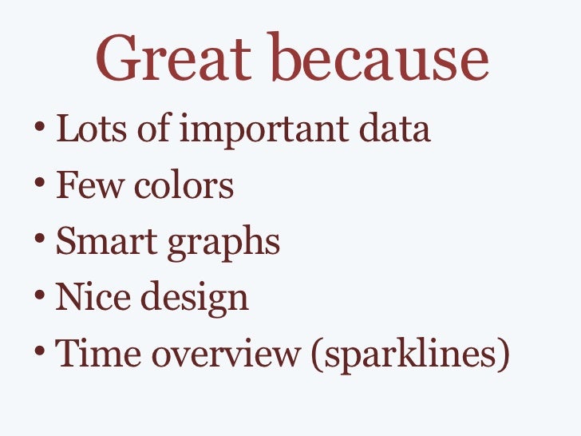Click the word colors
click(183, 187)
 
